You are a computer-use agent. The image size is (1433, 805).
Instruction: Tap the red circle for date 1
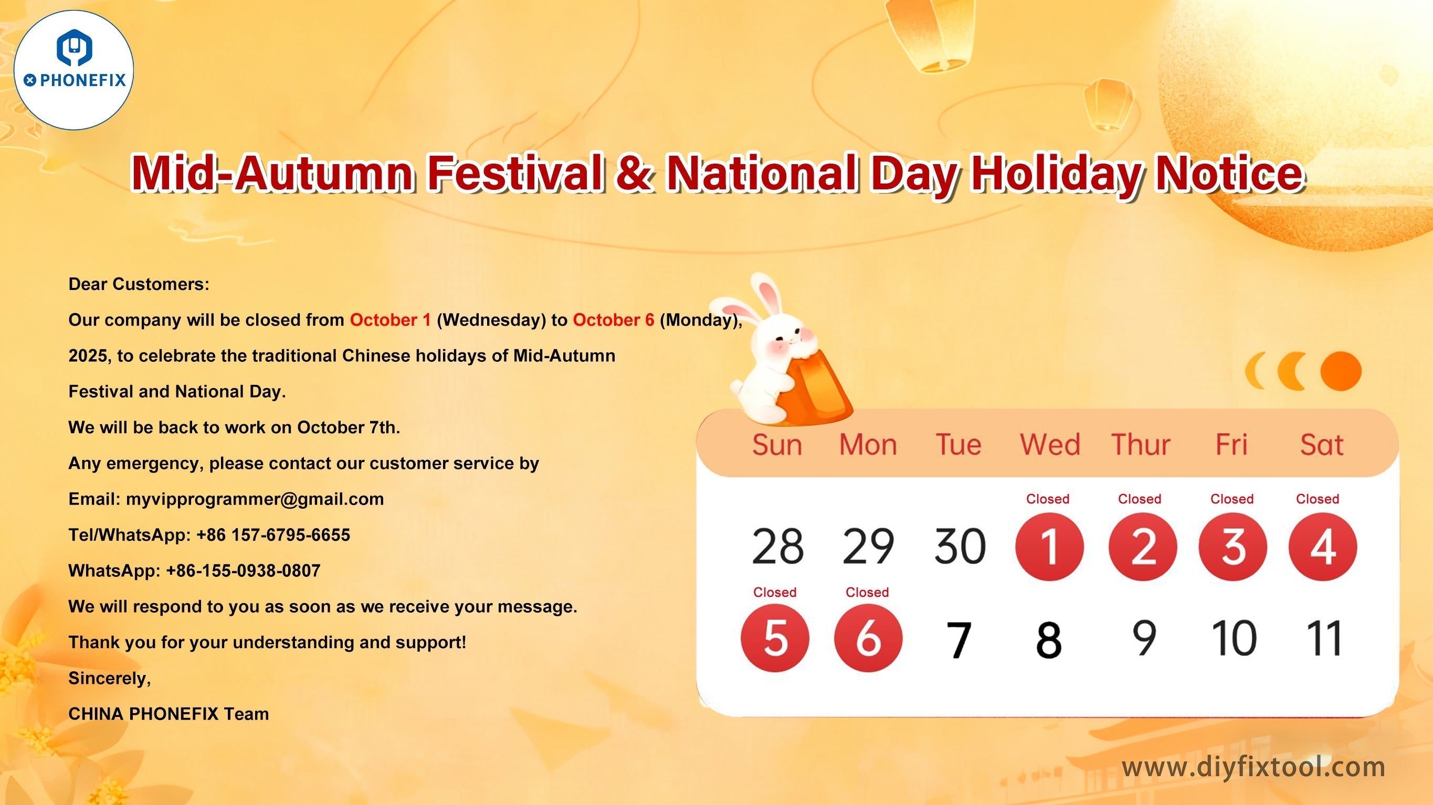pos(1049,546)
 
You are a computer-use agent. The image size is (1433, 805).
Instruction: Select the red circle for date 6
pos(868,638)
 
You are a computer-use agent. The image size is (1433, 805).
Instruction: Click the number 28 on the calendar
pos(777,546)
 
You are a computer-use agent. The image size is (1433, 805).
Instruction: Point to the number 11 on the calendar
pos(1323,638)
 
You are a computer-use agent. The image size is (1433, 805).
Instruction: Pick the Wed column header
pos(1050,445)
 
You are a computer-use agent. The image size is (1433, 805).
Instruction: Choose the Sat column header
pos(1321,445)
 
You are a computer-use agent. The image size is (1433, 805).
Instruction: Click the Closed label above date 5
pos(774,592)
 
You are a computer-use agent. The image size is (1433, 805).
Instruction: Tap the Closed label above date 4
pos(1317,499)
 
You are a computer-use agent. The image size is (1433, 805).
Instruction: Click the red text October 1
pos(390,320)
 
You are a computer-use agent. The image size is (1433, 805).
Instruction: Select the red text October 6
pos(613,320)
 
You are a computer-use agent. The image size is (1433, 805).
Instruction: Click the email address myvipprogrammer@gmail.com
pos(255,499)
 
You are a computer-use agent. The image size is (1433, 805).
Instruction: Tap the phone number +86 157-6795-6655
pos(273,535)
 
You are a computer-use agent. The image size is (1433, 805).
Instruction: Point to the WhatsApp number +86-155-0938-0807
pos(243,571)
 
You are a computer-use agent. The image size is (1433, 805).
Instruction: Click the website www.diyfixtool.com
pos(1253,767)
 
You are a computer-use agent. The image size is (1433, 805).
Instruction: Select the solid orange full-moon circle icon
pos(1341,371)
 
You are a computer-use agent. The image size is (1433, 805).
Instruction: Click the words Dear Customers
pos(139,285)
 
